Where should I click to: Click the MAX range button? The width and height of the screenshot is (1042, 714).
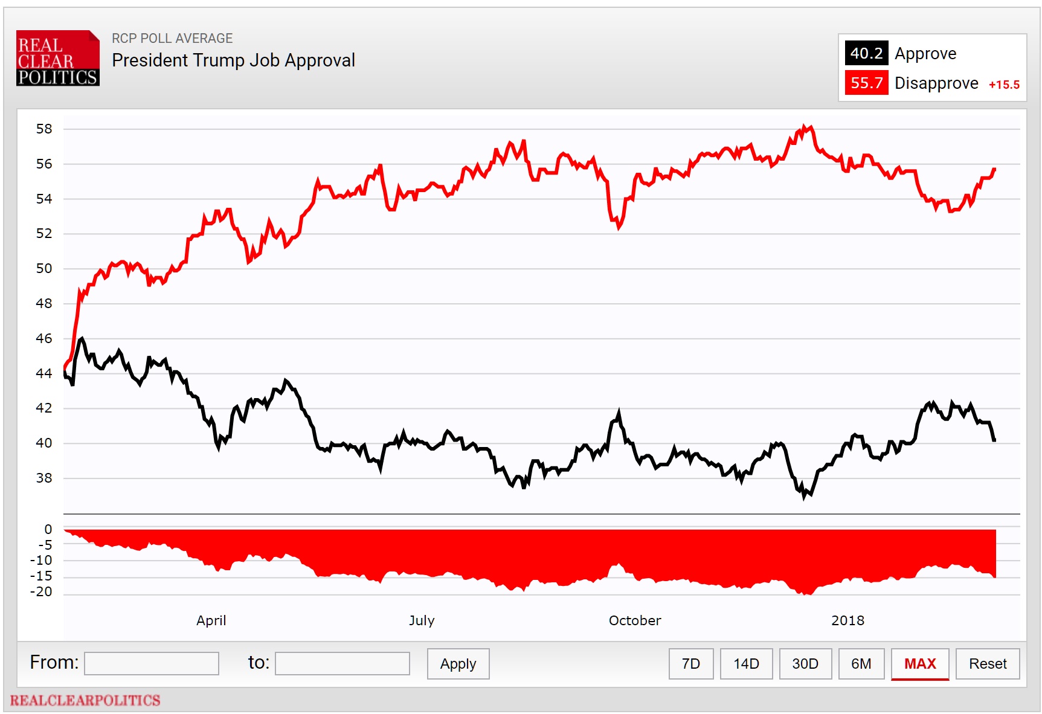click(919, 664)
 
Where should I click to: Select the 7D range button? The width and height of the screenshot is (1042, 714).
click(690, 664)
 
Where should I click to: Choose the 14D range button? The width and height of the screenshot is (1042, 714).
click(746, 664)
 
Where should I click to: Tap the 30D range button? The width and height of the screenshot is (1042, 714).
click(805, 664)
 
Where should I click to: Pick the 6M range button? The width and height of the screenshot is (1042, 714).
click(861, 664)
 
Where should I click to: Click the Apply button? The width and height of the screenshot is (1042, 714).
click(458, 664)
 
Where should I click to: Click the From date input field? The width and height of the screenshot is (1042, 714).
click(152, 663)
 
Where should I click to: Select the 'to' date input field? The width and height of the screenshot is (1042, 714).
click(342, 663)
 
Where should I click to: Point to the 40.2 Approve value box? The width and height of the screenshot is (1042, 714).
click(866, 53)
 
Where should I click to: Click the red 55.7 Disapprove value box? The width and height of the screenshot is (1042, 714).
click(866, 83)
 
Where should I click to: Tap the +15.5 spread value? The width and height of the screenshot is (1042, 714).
click(1003, 85)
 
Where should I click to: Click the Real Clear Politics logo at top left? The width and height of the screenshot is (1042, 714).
click(57, 59)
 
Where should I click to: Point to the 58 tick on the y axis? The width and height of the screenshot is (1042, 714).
click(44, 129)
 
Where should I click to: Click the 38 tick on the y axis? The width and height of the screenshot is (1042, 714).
click(44, 478)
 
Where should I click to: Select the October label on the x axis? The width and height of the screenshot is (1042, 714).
click(634, 620)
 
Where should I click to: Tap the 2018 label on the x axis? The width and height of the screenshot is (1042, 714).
click(847, 620)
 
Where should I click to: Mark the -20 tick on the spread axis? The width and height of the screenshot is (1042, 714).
click(42, 592)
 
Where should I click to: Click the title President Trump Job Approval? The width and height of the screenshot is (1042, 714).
click(233, 60)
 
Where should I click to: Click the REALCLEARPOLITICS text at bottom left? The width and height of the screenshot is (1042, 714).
click(85, 700)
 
